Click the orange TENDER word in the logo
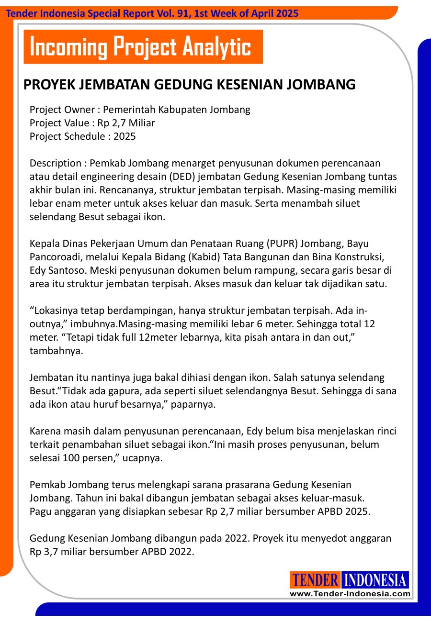click(315, 580)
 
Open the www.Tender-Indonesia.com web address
click(350, 594)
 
